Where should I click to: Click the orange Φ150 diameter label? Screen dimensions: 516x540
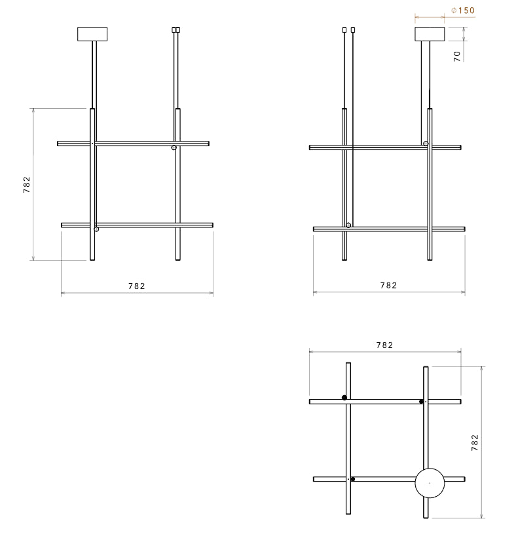463,10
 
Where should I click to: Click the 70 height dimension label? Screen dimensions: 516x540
457,56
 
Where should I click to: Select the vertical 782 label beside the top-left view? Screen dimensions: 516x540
27,185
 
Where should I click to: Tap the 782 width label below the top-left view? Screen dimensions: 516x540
137,286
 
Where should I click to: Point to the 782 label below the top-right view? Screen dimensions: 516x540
388,286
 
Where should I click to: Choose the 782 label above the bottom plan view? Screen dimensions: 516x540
384,345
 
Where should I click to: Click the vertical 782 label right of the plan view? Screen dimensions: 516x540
475,443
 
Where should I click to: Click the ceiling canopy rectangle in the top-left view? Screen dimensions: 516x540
92,34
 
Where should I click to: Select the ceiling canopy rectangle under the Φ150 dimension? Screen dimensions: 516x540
430,34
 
